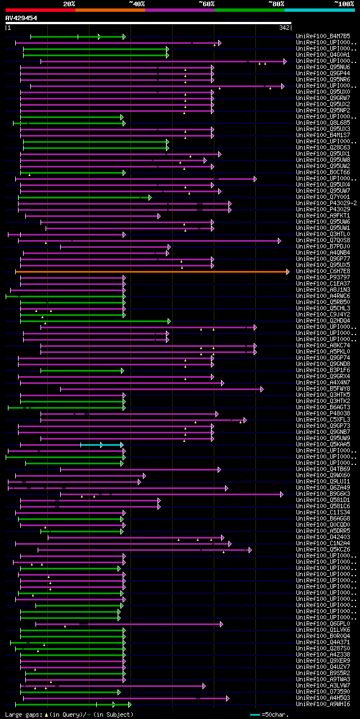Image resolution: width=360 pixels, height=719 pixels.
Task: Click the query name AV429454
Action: point(21,18)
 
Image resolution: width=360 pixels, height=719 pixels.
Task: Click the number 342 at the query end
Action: point(283,28)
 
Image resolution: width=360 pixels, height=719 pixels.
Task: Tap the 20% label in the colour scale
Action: point(69,3)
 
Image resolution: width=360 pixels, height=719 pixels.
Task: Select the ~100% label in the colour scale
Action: point(344,3)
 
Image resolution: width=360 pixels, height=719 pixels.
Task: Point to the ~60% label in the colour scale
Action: point(206,3)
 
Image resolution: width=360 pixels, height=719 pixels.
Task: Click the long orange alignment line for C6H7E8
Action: point(152,272)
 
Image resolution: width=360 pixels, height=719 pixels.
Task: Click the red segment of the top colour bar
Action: point(40,10)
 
